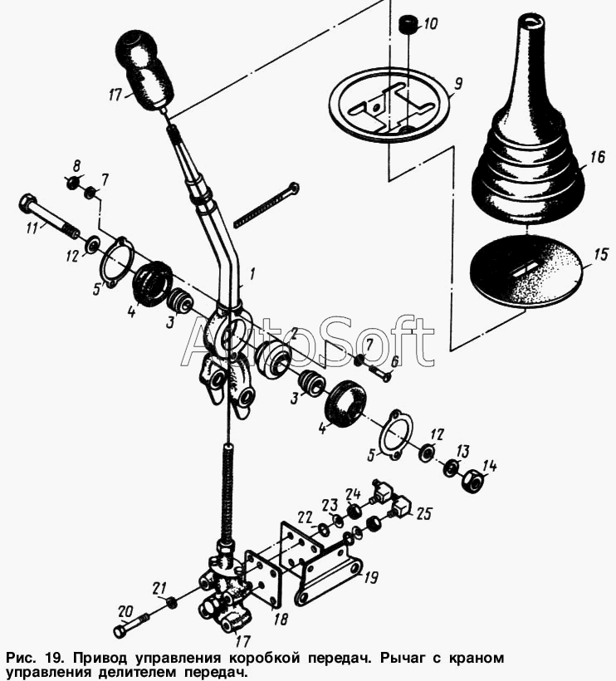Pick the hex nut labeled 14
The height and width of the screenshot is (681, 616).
coord(472,480)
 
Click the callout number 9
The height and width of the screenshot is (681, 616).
coord(458,83)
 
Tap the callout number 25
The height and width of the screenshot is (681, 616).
coord(423,514)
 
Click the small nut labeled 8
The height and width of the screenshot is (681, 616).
coord(71,183)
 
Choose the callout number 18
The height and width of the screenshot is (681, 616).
coord(281,618)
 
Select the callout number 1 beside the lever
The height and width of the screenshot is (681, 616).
coord(252,273)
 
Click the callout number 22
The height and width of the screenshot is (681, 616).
coord(306,517)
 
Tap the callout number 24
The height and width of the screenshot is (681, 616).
coord(354,494)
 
